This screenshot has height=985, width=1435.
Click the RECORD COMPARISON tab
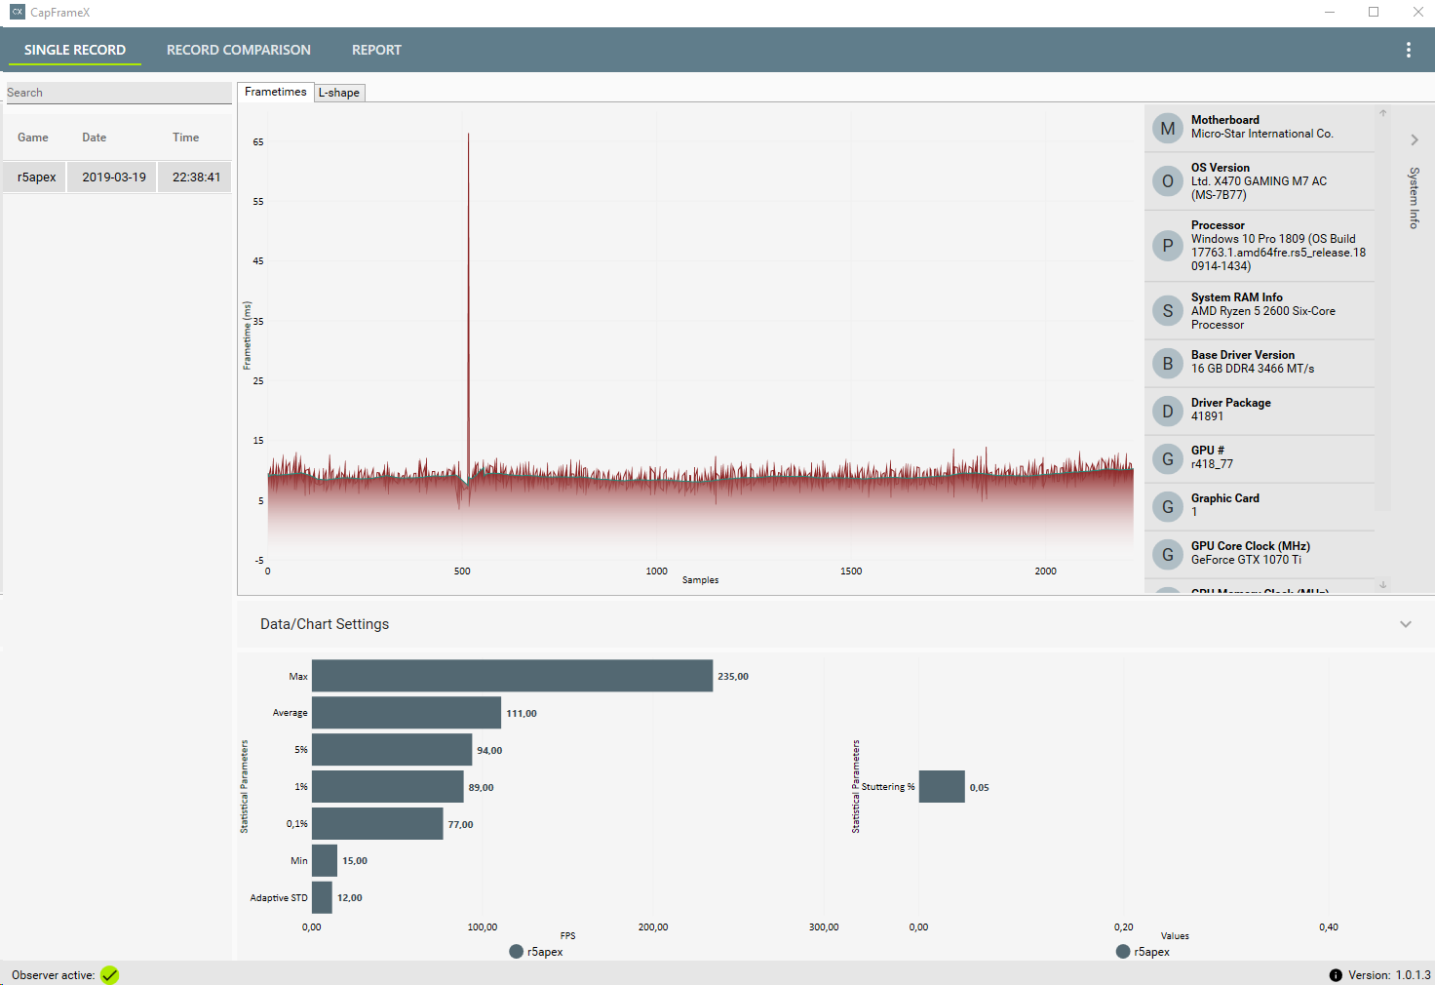[x=238, y=50]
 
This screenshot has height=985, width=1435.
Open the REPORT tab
[x=376, y=50]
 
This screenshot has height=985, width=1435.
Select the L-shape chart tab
[x=339, y=93]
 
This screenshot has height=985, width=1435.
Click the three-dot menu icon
[x=1408, y=50]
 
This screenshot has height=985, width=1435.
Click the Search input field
[x=117, y=93]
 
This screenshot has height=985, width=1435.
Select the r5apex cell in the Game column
[x=36, y=177]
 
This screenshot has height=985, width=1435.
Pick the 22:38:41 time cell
[x=196, y=177]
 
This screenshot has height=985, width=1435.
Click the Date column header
[x=95, y=138]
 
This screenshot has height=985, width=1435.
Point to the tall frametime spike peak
[x=469, y=136]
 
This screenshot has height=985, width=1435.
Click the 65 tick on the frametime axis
[x=258, y=142]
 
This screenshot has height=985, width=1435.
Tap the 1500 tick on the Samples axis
[x=851, y=571]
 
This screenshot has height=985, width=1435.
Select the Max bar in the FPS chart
[x=512, y=676]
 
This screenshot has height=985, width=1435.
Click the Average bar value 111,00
[x=522, y=714]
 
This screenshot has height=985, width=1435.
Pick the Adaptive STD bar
[x=322, y=897]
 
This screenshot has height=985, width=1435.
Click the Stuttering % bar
[x=941, y=787]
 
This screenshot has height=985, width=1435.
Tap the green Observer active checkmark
[x=109, y=975]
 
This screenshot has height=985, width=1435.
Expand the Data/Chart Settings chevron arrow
[x=1405, y=624]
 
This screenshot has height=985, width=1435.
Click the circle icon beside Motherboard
[x=1167, y=129]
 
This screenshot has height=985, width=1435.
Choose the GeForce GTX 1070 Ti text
[x=1246, y=560]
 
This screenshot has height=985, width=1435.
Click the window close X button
[x=1417, y=13]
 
